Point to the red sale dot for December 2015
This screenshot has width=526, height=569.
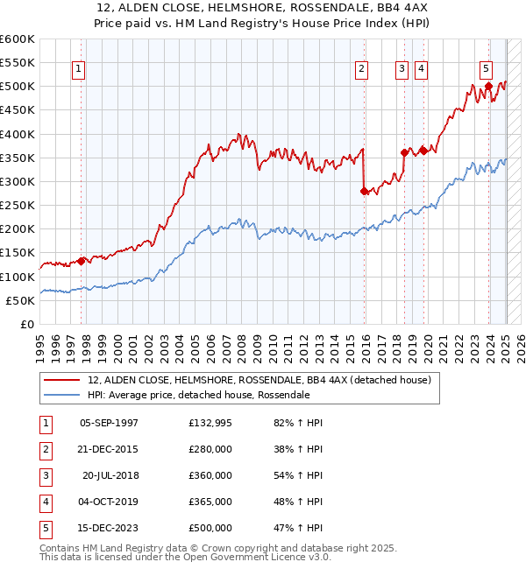364,191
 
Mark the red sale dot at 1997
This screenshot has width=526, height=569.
82,260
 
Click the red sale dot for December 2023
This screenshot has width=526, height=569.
488,86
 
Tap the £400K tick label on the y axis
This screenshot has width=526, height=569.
18,134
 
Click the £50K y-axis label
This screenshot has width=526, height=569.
21,300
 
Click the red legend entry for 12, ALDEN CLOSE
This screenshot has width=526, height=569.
259,381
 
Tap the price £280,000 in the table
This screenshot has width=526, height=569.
210,449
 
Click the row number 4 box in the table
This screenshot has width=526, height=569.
45,502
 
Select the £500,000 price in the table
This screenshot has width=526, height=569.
210,528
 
